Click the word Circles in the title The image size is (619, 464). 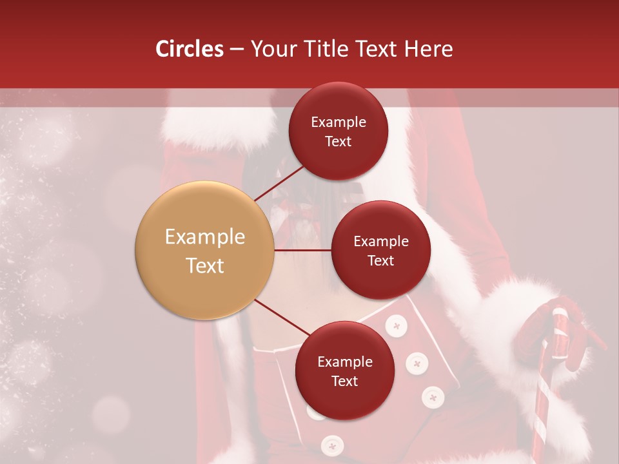coord(189,49)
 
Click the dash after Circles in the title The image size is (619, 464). coord(237,50)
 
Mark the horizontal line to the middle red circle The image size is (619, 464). coord(302,250)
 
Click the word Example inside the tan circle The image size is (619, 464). coord(205,237)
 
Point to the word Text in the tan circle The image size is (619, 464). coord(205,266)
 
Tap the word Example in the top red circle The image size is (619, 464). coord(339,122)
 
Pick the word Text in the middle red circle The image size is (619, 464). coord(380,260)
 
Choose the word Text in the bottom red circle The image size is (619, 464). coord(344,381)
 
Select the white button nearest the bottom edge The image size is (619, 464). coord(333,445)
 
